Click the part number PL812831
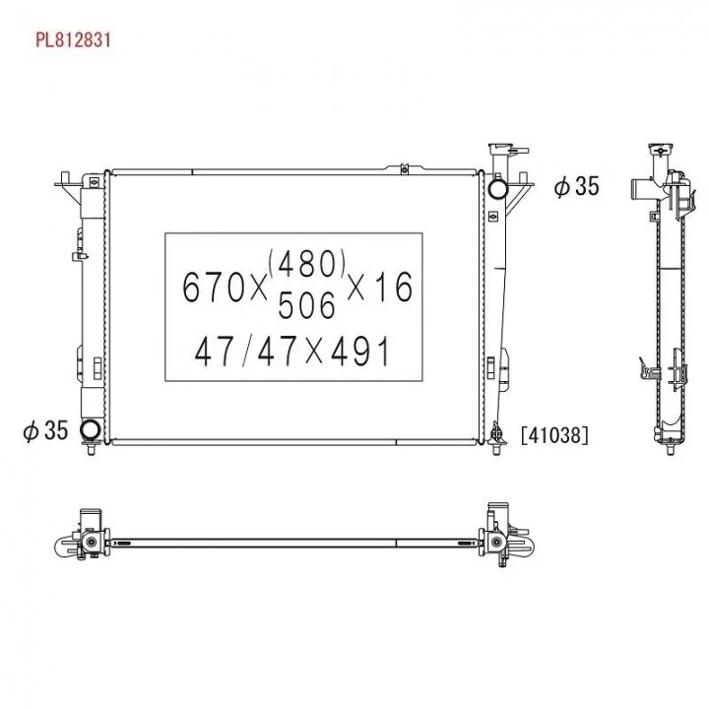click(73, 39)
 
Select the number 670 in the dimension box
click(214, 288)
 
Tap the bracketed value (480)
click(307, 263)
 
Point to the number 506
click(306, 304)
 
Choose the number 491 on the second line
click(360, 352)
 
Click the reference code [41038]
click(554, 435)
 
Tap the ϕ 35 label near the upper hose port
click(576, 186)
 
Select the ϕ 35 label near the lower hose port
click(45, 429)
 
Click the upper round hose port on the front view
click(497, 188)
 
